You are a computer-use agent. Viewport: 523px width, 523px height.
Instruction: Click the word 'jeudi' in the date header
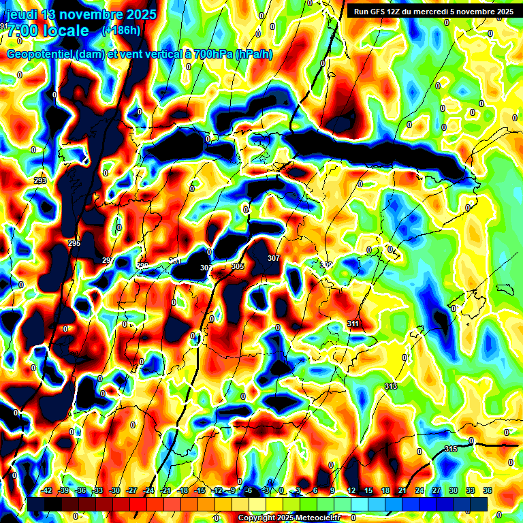pyautogui.click(x=21, y=14)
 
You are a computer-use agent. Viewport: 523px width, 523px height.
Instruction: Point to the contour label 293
pyautogui.click(x=40, y=180)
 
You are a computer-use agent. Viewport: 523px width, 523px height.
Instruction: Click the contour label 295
pyautogui.click(x=74, y=243)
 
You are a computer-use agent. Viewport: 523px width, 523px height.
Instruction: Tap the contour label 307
pyautogui.click(x=274, y=259)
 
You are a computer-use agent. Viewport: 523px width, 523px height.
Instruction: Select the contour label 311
pyautogui.click(x=353, y=323)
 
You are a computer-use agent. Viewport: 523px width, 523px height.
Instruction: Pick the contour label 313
pyautogui.click(x=390, y=386)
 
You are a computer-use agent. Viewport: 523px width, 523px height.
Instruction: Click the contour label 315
pyautogui.click(x=451, y=449)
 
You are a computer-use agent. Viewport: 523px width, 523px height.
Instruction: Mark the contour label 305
pyautogui.click(x=238, y=267)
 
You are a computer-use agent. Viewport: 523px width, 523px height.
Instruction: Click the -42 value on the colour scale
pyautogui.click(x=47, y=490)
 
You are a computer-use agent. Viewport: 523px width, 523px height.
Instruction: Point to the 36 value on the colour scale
pyautogui.click(x=488, y=490)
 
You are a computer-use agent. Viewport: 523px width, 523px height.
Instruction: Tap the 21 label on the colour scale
pyautogui.click(x=402, y=490)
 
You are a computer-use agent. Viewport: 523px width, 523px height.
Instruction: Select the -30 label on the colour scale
pyautogui.click(x=114, y=490)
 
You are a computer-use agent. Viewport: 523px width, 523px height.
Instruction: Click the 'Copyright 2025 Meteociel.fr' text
pyautogui.click(x=289, y=518)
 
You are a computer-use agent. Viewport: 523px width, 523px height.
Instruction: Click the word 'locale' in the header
pyautogui.click(x=65, y=31)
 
